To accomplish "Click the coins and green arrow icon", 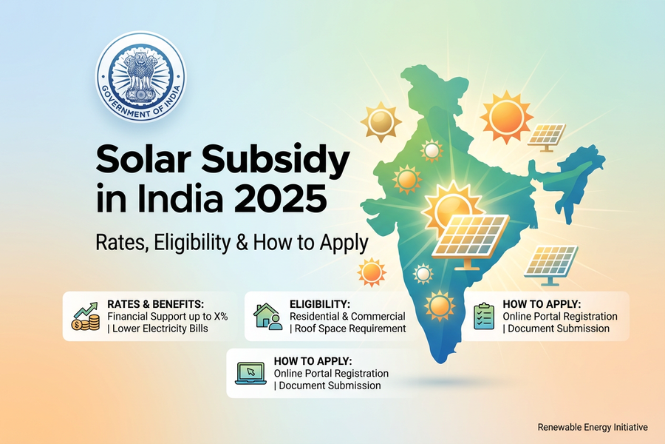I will tap(84, 317).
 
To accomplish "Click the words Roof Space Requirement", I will tap(350, 328).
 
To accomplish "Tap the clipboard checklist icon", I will tap(483, 316).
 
